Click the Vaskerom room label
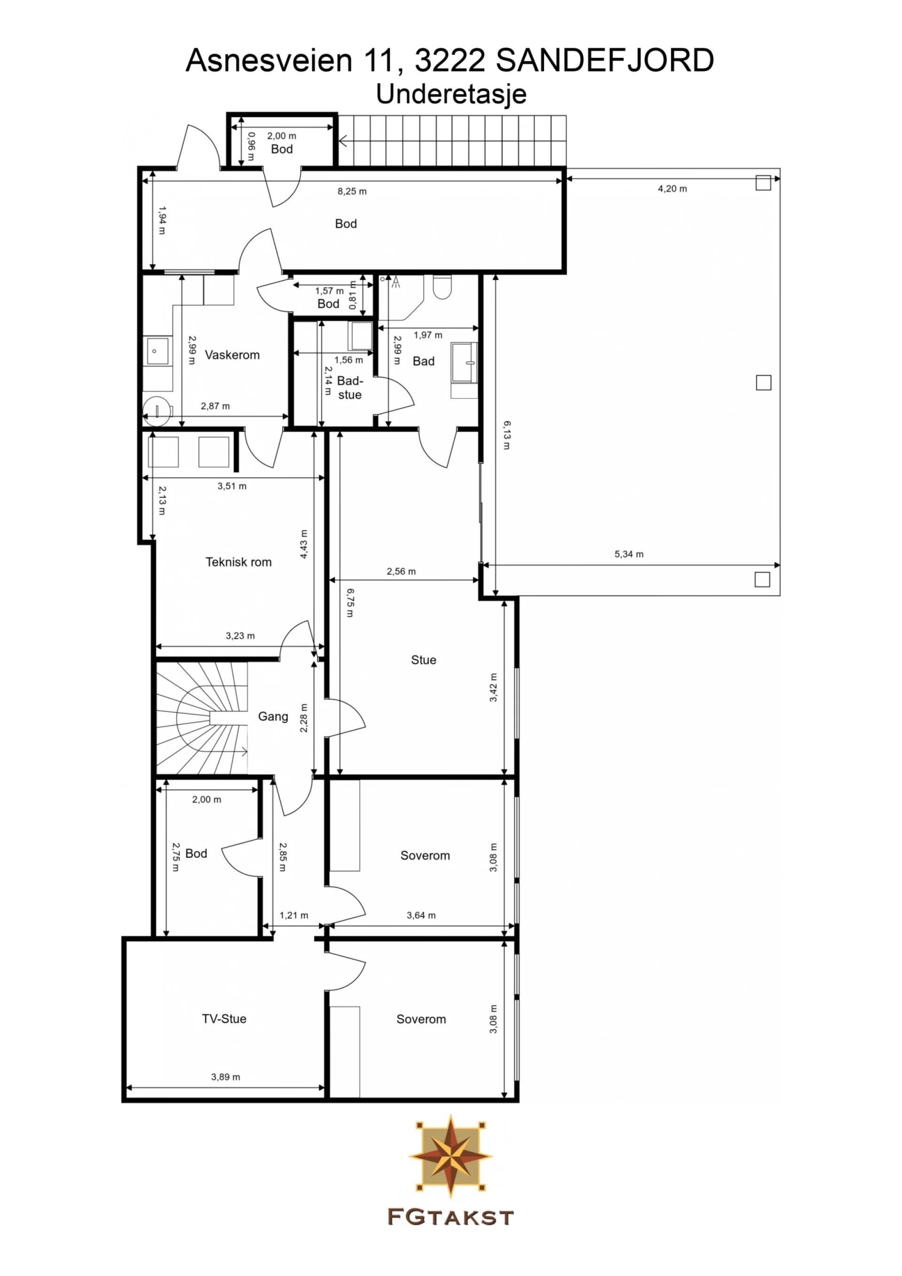pyautogui.click(x=232, y=355)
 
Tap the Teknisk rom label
pyautogui.click(x=239, y=562)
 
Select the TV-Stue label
pyautogui.click(x=224, y=1019)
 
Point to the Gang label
pyautogui.click(x=273, y=716)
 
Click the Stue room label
pyautogui.click(x=423, y=660)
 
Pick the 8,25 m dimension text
pyautogui.click(x=352, y=191)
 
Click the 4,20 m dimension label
pyautogui.click(x=672, y=188)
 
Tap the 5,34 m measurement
pyautogui.click(x=629, y=554)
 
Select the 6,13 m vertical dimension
pyautogui.click(x=507, y=435)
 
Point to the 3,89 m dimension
pyautogui.click(x=225, y=1076)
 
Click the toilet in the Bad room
pyautogui.click(x=443, y=287)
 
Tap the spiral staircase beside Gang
pyautogui.click(x=201, y=718)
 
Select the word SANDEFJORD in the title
pyautogui.click(x=605, y=60)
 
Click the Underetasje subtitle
pyautogui.click(x=451, y=94)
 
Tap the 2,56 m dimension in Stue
pyautogui.click(x=401, y=571)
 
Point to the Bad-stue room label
pyautogui.click(x=350, y=387)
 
